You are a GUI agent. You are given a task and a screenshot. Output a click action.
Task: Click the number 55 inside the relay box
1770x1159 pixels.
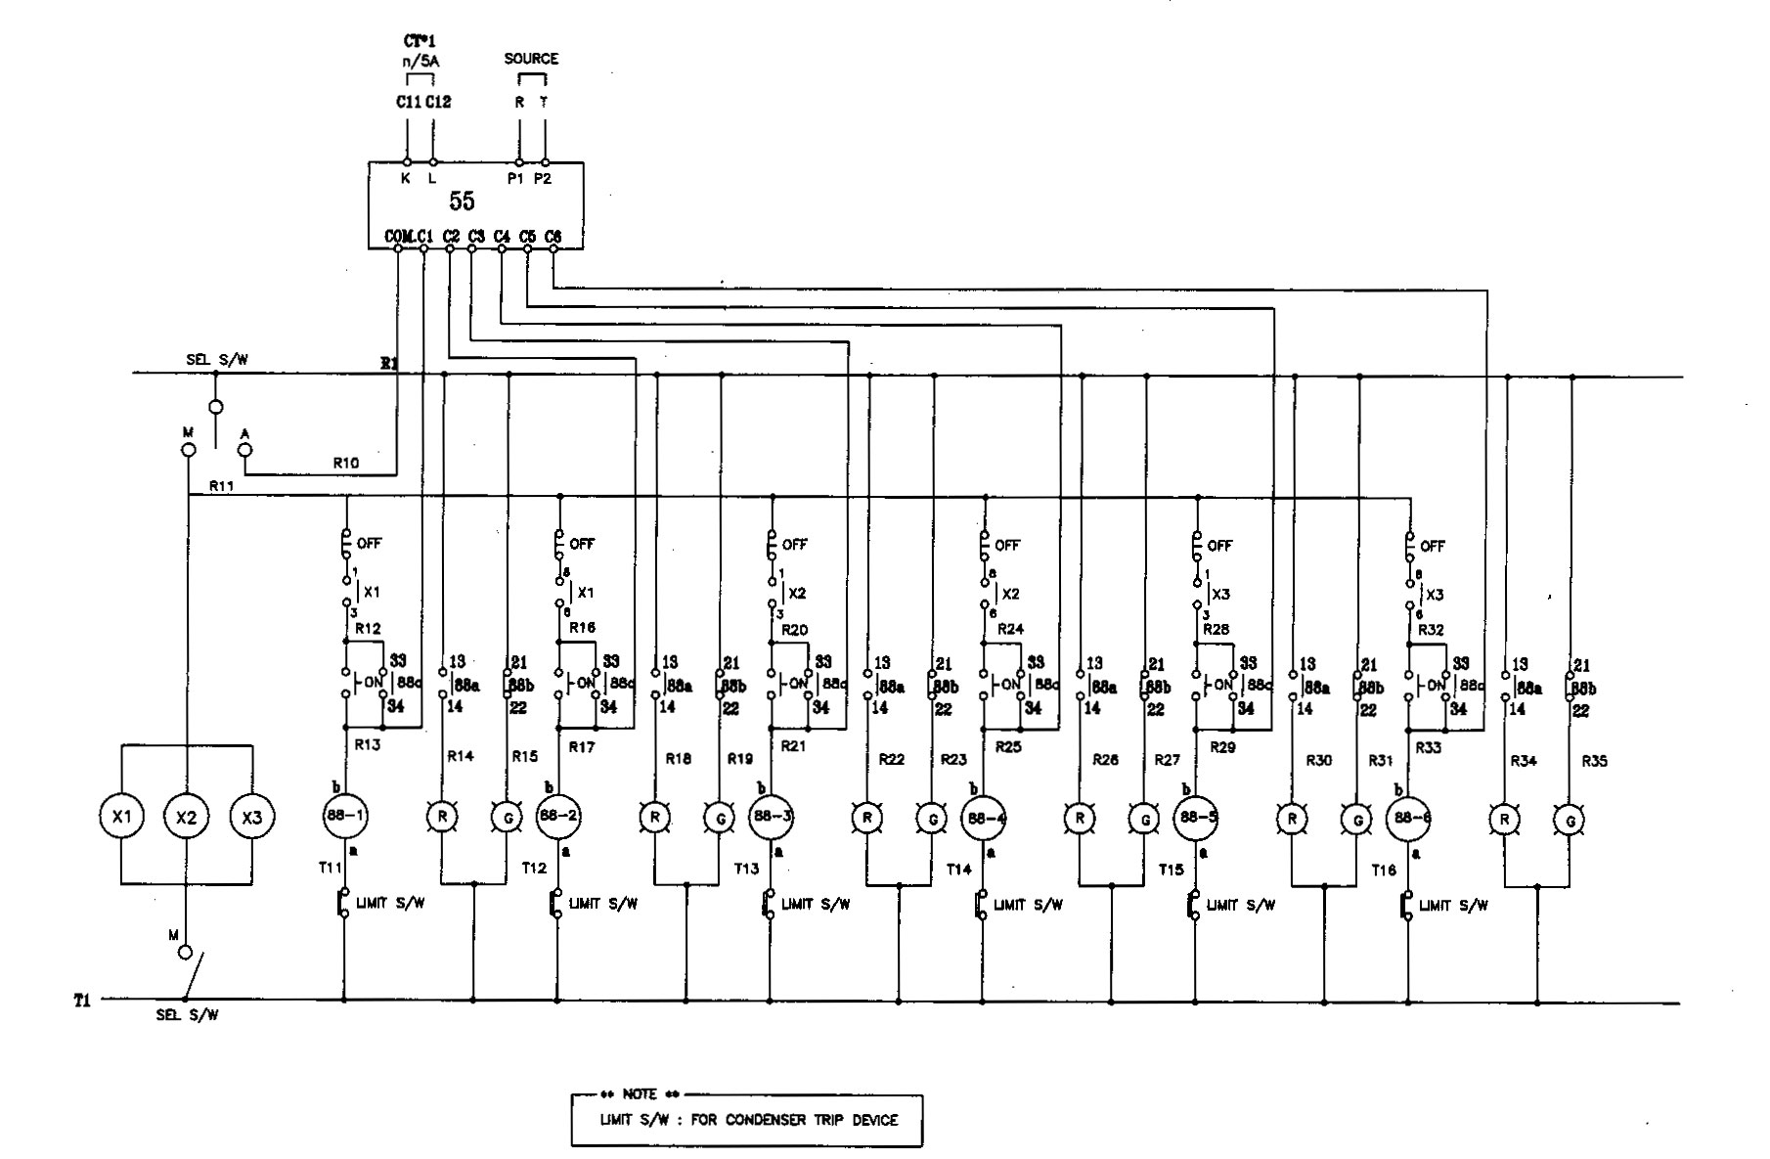point(462,201)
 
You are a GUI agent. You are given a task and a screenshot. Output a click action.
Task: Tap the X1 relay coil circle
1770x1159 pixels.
point(120,817)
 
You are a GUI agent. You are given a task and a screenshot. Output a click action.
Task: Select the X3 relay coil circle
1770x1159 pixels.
point(252,817)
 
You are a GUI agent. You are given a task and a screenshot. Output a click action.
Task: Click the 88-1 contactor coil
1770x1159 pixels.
point(344,816)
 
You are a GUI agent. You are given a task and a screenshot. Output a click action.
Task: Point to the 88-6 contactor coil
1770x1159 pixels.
point(1409,818)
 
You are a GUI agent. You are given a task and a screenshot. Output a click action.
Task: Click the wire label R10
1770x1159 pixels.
point(345,463)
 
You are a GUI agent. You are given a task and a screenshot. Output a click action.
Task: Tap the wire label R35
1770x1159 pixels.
point(1594,761)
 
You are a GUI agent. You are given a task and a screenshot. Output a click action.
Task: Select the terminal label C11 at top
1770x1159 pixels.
point(409,102)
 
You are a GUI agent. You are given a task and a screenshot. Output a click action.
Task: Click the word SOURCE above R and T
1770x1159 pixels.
point(531,59)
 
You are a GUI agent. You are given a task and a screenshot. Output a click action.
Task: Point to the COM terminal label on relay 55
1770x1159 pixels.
point(398,236)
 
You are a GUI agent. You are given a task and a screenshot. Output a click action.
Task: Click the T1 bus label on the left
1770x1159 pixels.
point(82,1001)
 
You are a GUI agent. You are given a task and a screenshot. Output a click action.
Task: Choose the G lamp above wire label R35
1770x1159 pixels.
point(1571,820)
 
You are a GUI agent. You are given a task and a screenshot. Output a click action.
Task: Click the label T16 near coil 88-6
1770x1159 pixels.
point(1384,869)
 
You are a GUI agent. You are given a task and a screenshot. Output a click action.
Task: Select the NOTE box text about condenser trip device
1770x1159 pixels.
point(748,1120)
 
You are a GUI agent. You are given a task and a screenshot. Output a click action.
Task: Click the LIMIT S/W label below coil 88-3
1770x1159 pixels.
point(815,905)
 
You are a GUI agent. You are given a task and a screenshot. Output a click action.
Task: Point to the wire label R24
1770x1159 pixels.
point(1010,629)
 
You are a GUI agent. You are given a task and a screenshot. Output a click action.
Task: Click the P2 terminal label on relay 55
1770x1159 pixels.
point(543,179)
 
